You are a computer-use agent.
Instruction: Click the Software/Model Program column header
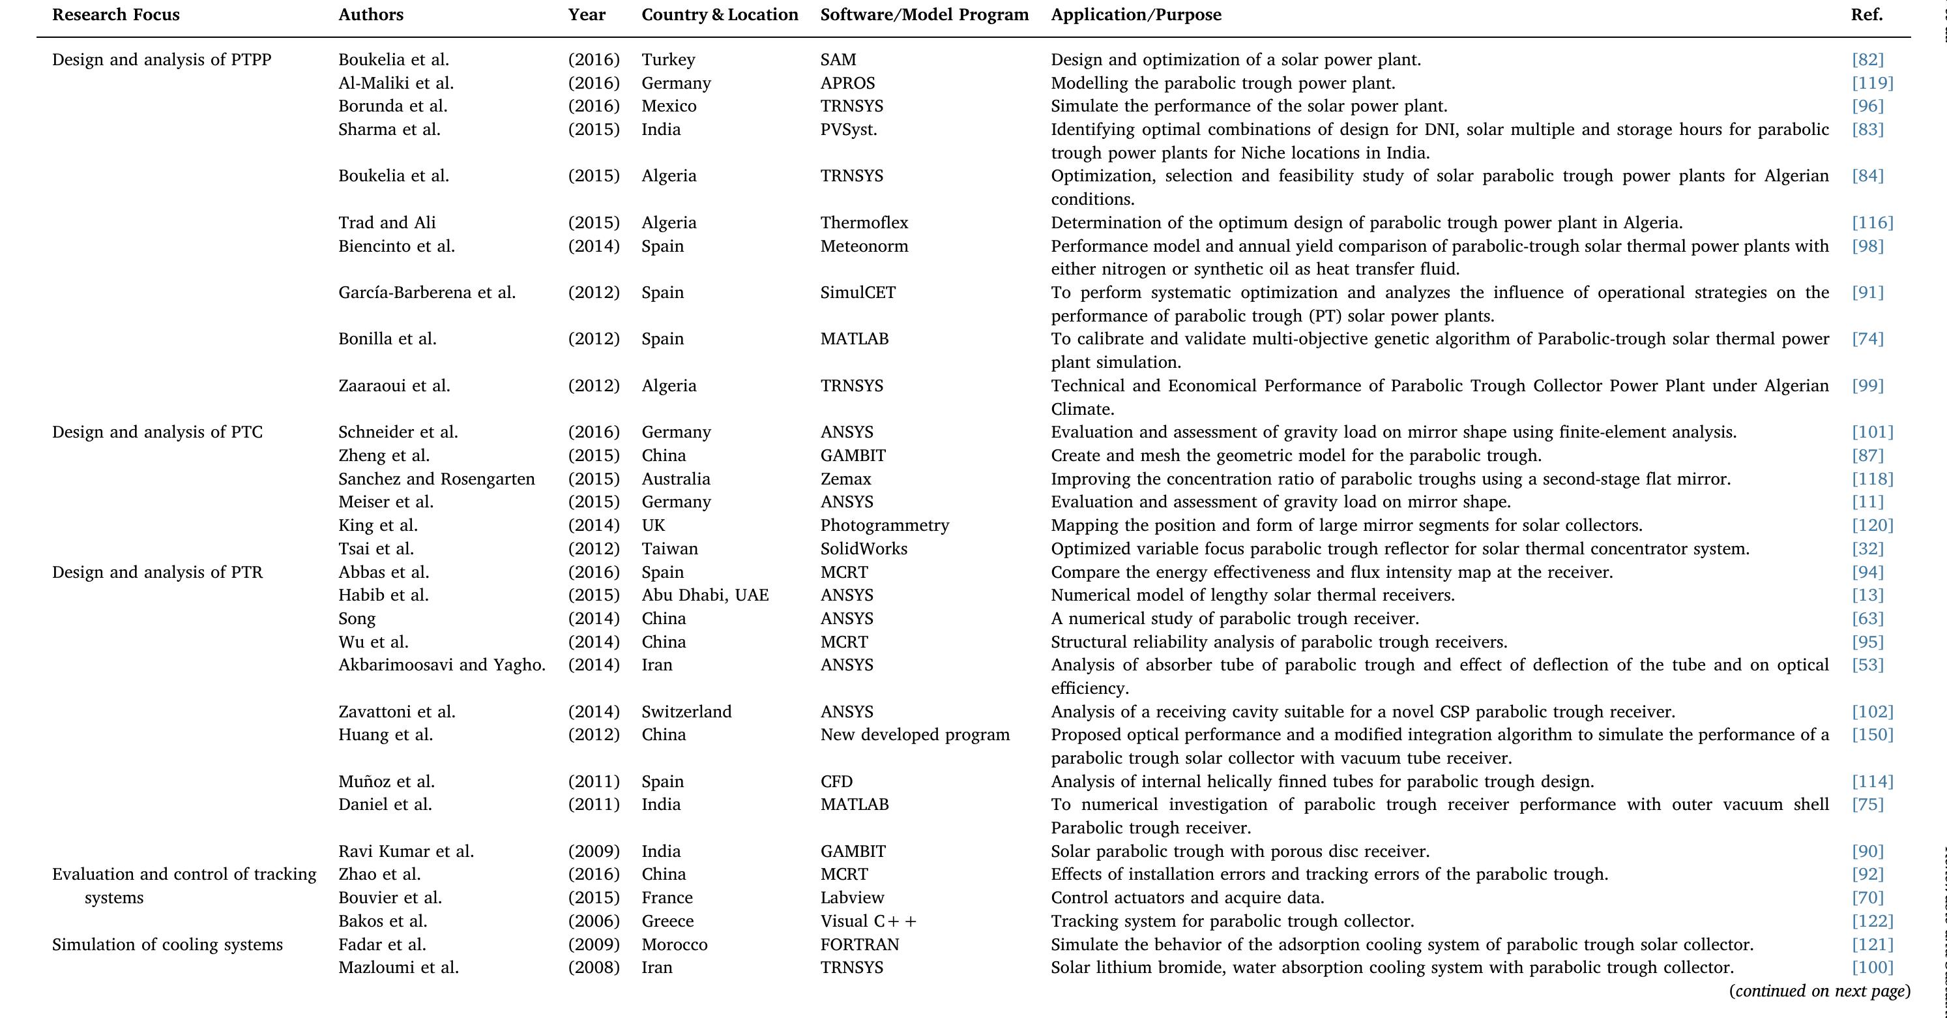(924, 15)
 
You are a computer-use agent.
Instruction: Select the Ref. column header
(1866, 15)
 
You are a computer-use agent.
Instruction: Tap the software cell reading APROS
(847, 83)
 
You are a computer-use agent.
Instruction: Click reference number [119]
(1871, 83)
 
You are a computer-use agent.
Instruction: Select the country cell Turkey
(667, 60)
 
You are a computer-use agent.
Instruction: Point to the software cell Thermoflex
(864, 223)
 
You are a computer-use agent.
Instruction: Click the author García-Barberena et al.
(426, 293)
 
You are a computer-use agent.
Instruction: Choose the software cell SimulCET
(857, 293)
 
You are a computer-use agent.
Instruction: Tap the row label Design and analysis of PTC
(157, 432)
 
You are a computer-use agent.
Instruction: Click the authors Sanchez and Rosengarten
(436, 479)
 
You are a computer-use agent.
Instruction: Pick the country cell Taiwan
(669, 549)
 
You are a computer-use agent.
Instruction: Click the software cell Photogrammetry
(885, 526)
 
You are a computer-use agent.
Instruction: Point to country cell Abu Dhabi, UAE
(705, 595)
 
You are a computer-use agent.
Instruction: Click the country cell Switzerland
(686, 711)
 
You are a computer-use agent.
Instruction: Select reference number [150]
(1871, 735)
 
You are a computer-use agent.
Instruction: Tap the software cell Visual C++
(868, 921)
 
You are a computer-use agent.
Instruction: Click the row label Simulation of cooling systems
(167, 945)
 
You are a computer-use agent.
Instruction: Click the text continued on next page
(1819, 991)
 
